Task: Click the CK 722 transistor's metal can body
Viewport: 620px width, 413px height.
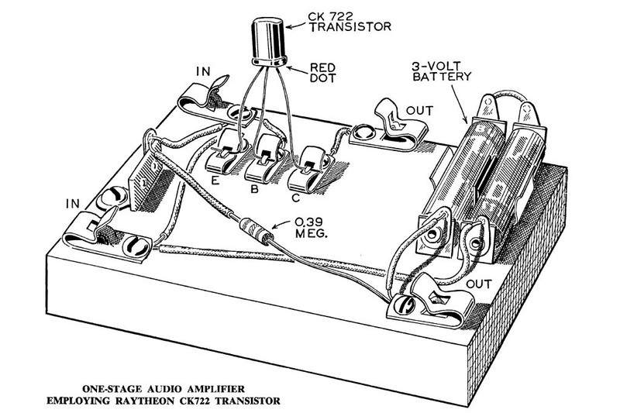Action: pyautogui.click(x=268, y=38)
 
